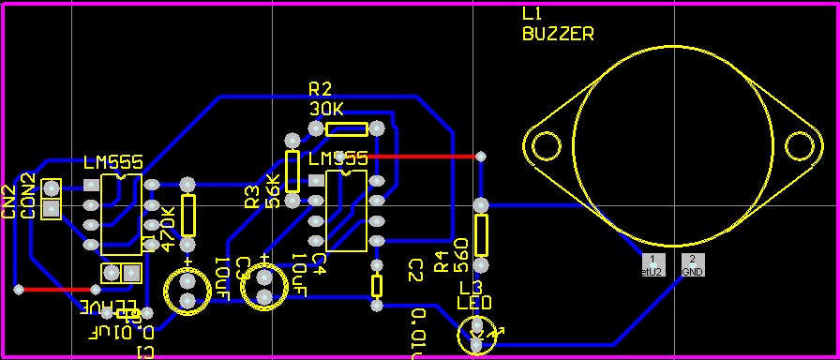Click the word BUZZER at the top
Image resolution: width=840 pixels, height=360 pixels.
(557, 34)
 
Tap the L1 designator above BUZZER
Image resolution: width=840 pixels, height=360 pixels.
(532, 14)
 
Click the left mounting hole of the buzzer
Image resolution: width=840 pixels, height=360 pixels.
(545, 146)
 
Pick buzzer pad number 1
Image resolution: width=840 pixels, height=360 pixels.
(652, 264)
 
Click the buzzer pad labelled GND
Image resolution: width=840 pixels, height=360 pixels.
(692, 264)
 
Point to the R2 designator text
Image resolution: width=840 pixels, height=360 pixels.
(321, 89)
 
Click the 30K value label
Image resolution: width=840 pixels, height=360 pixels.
(327, 109)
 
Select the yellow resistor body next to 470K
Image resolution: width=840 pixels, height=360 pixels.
(188, 216)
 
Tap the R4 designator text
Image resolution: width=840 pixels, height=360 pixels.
(442, 264)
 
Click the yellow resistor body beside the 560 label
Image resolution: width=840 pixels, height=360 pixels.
(481, 234)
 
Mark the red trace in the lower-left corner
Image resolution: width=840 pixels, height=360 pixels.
(47, 290)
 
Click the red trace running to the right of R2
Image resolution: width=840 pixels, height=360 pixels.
(427, 156)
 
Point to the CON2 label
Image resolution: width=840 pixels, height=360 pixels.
(28, 196)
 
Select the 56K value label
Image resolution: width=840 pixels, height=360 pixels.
(274, 191)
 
